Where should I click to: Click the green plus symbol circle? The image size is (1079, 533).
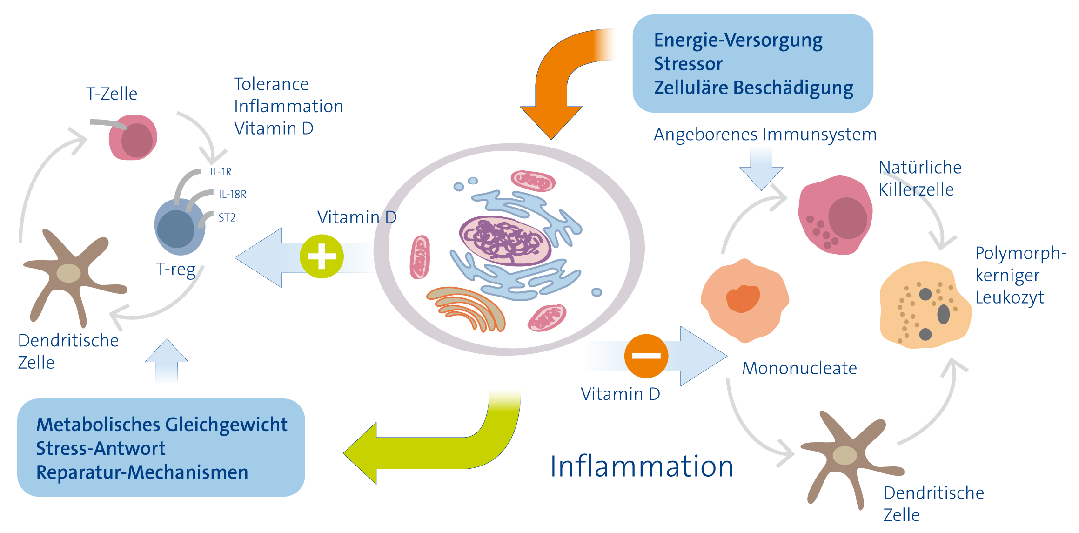322,256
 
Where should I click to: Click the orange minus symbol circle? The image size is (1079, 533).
646,356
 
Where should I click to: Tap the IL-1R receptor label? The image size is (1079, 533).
221,172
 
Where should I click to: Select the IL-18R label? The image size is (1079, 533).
233,194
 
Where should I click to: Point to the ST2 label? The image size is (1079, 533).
227,217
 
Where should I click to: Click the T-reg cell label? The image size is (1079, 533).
176,270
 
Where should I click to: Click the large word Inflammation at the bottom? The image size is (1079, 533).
642,466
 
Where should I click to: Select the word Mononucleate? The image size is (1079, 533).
799,368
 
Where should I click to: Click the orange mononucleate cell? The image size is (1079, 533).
744,300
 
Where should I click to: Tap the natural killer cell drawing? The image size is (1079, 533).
835,215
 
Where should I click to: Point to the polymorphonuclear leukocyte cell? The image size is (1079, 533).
925,305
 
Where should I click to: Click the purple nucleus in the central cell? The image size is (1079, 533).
505,241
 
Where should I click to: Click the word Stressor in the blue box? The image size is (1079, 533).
688,64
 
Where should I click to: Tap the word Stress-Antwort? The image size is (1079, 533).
101,448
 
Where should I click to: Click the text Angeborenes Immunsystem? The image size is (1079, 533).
765,135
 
